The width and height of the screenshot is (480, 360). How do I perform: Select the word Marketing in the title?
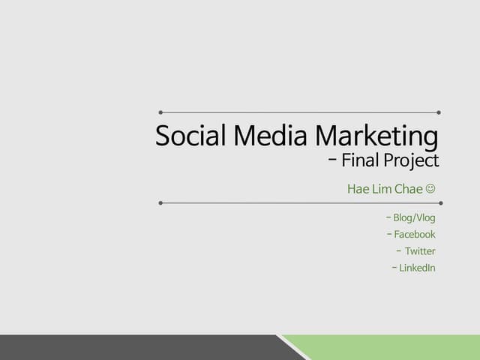(376, 136)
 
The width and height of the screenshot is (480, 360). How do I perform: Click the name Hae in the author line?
(358, 188)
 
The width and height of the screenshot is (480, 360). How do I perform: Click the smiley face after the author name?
(430, 188)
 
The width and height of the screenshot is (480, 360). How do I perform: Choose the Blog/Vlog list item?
(414, 218)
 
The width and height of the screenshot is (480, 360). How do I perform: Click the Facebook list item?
(415, 235)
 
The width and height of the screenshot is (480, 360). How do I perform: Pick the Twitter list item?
(420, 251)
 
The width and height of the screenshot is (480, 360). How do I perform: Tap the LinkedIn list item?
(417, 268)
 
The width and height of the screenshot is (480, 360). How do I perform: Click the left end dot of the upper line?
(160, 112)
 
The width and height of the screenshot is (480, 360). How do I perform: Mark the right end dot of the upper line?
(439, 112)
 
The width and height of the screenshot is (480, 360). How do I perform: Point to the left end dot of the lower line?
(160, 202)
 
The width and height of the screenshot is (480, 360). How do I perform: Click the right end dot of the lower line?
(440, 202)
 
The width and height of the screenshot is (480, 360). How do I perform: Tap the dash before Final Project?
(332, 160)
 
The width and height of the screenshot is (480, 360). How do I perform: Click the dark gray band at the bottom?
(135, 348)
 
